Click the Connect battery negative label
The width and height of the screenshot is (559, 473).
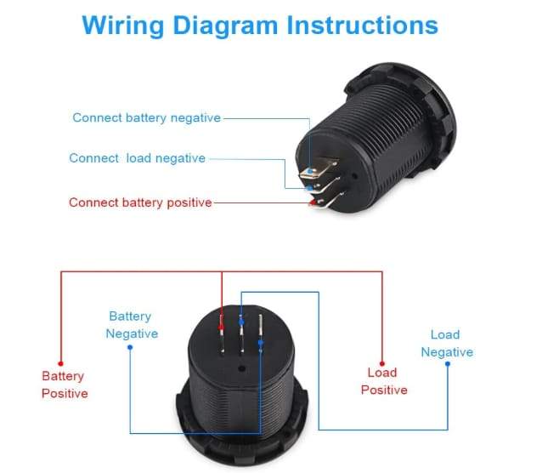(146, 117)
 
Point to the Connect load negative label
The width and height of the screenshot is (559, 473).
(137, 158)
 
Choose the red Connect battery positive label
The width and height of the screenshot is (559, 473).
(140, 202)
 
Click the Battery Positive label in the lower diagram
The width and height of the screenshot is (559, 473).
(65, 385)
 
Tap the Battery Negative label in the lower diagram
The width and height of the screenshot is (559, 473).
(132, 325)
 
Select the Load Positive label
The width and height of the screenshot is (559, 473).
(383, 381)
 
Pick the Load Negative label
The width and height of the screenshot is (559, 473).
(446, 344)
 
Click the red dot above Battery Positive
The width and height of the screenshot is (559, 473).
(60, 362)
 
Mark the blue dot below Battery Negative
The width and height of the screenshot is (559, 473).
(129, 347)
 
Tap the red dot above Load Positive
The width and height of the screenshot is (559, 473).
(382, 361)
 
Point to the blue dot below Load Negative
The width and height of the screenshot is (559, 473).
(447, 364)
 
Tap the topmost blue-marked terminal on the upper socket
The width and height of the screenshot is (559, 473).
(314, 171)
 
